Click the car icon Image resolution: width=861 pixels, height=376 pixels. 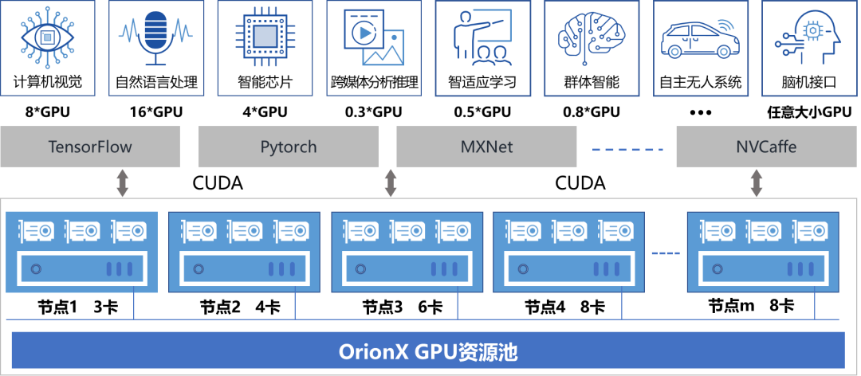pos(699,39)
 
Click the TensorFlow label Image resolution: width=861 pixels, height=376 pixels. pos(90,147)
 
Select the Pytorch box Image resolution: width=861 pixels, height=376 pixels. pos(289,147)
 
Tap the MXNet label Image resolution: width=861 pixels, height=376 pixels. pos(486,147)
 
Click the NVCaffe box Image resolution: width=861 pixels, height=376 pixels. pos(766,147)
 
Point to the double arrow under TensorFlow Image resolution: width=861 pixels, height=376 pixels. pos(122,182)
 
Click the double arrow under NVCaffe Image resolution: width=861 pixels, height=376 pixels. pos(757,182)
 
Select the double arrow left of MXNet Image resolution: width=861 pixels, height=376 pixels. pos(391,182)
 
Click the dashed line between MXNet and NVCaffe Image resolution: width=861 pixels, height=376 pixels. pos(627,148)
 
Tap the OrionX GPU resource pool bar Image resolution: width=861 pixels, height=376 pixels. pos(428,351)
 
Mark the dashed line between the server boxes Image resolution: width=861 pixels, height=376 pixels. pos(666,253)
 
